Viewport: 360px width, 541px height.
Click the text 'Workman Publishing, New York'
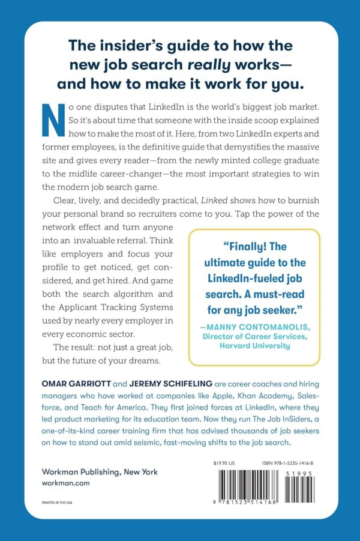(100, 472)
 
